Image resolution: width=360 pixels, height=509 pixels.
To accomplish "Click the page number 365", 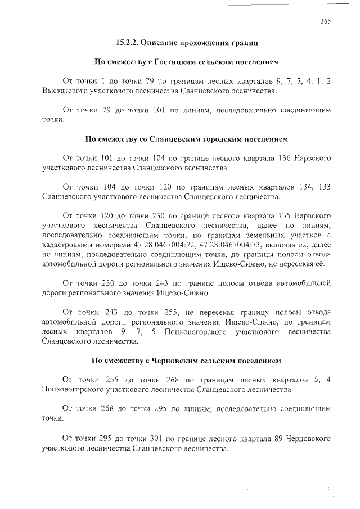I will click(x=325, y=21).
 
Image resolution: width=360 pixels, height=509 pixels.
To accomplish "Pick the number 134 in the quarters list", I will click(x=300, y=187).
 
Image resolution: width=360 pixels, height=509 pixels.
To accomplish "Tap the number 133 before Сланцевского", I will click(x=322, y=187).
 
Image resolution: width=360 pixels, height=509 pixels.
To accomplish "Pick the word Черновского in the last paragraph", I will click(x=308, y=438).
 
